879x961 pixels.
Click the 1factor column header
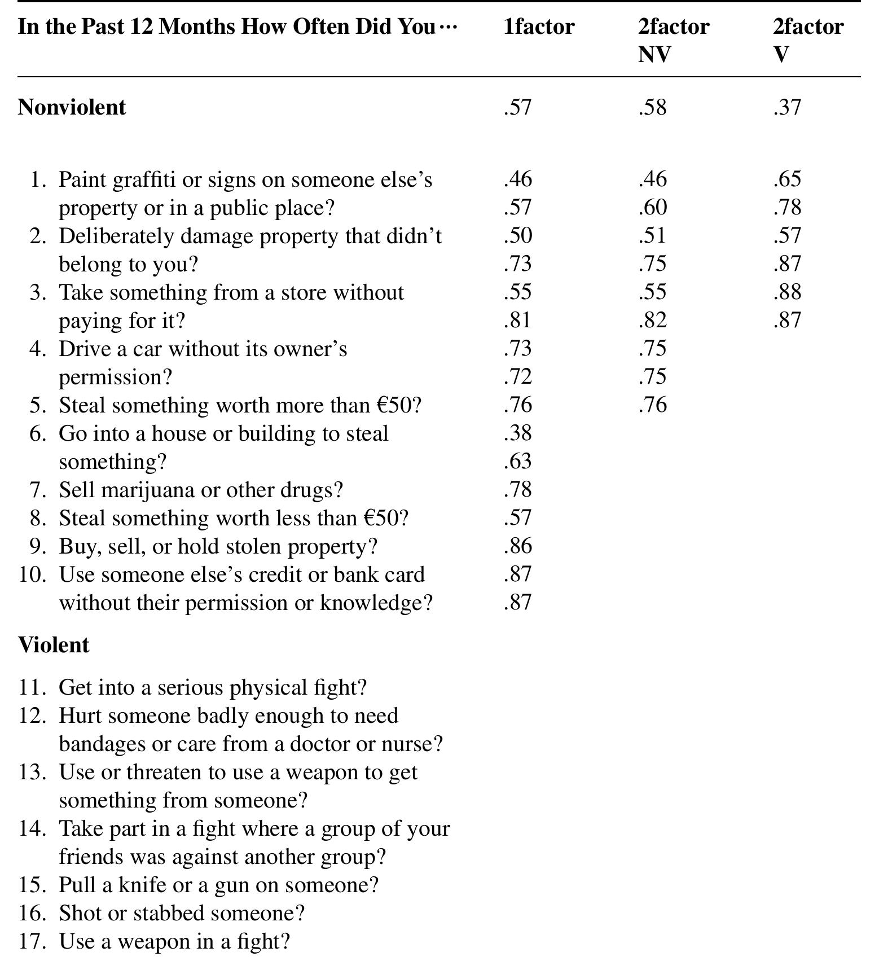539,27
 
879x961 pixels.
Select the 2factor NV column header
674,40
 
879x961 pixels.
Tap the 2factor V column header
808,40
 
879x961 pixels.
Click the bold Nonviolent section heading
72,107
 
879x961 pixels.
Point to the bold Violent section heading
54,645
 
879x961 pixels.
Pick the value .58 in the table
653,107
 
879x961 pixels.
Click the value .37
787,107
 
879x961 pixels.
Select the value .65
787,179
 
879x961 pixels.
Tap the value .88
787,292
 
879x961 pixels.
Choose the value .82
653,320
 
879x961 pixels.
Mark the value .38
518,433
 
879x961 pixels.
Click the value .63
518,461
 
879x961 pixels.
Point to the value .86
518,546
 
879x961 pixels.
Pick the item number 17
32,941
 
